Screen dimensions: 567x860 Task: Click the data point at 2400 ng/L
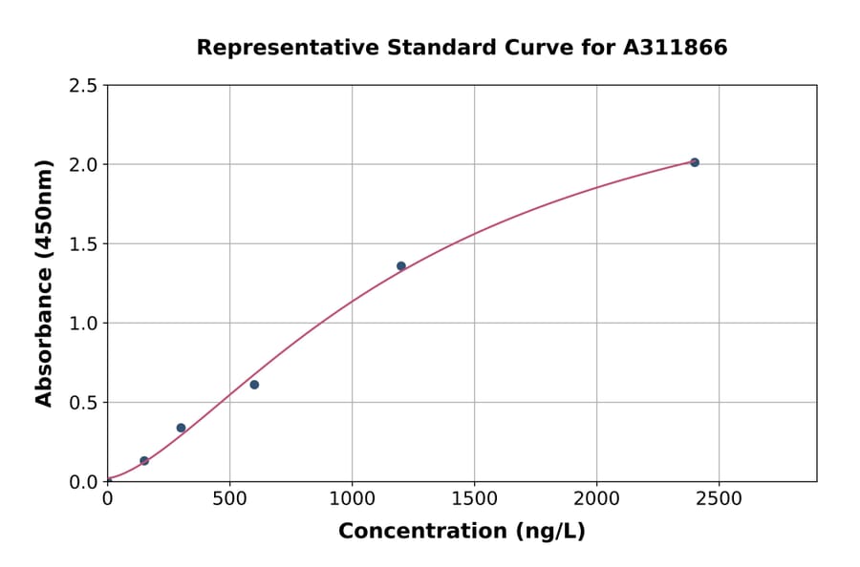click(x=695, y=162)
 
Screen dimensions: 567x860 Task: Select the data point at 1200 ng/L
click(x=401, y=266)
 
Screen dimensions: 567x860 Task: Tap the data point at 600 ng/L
click(x=254, y=385)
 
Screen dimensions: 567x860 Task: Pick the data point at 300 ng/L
click(x=181, y=428)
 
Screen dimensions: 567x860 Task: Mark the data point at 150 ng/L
click(x=144, y=461)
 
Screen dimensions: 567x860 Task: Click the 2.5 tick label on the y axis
click(x=83, y=86)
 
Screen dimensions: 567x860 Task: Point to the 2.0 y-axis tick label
click(x=83, y=165)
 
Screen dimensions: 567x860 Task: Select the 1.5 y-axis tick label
click(x=83, y=244)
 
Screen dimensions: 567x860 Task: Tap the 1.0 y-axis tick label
click(x=83, y=324)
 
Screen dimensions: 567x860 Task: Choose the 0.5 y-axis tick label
click(x=83, y=403)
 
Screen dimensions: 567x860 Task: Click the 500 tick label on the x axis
click(x=229, y=499)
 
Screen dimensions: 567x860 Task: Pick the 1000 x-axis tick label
click(x=352, y=499)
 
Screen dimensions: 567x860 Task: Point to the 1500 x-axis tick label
click(x=474, y=499)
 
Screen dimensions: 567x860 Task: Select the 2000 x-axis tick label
click(x=596, y=499)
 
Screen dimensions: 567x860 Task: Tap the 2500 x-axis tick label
click(x=719, y=499)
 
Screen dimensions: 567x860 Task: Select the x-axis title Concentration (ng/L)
click(x=462, y=532)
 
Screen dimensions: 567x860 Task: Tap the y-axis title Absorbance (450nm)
click(x=44, y=283)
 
